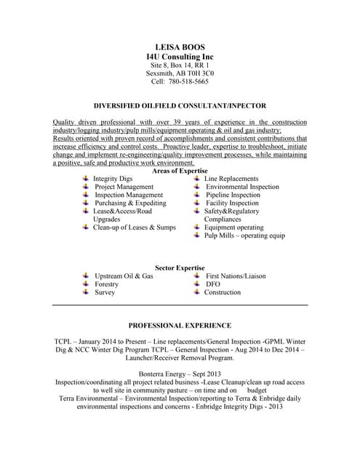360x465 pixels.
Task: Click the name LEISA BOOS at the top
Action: coord(180,46)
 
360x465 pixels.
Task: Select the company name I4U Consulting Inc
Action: coord(180,57)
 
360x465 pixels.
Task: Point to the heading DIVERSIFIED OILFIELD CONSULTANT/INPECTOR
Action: coord(180,105)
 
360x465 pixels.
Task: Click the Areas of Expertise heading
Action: coord(180,171)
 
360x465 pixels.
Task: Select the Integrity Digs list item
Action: coord(113,179)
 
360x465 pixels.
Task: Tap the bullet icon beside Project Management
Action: coord(86,187)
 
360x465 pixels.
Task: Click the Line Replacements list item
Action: coord(231,179)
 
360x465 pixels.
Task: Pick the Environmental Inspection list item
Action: coord(242,187)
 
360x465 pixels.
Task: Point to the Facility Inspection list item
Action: coord(232,203)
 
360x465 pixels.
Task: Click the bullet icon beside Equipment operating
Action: coord(197,227)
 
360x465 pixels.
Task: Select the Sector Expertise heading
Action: coord(180,268)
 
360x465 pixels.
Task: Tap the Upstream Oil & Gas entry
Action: coord(124,276)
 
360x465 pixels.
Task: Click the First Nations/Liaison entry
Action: coord(236,276)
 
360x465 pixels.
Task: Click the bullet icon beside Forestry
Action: coord(86,284)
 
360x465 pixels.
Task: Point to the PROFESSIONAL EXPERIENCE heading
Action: coord(180,325)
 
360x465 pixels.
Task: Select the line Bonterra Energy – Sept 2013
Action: coord(180,373)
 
